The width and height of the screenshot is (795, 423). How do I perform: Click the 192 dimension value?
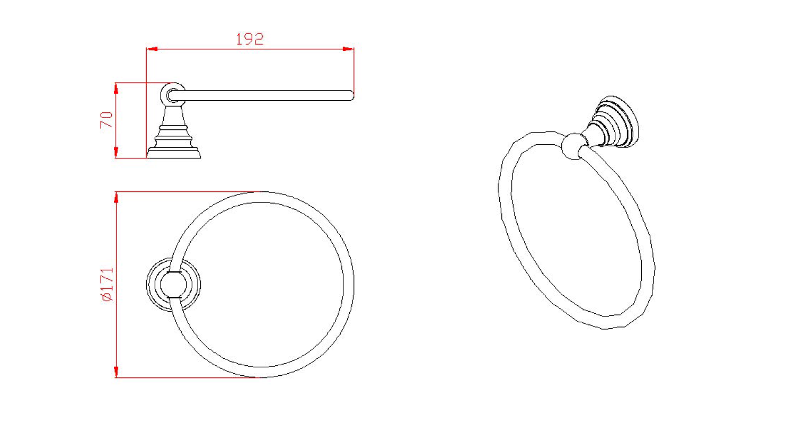[250, 39]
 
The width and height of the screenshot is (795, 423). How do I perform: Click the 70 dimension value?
[107, 120]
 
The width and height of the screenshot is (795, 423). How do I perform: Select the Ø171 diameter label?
[108, 285]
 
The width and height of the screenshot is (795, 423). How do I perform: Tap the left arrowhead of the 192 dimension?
[152, 49]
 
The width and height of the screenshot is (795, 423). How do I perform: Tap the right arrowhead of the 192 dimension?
[348, 49]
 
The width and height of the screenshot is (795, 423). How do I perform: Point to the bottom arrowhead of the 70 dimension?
[116, 152]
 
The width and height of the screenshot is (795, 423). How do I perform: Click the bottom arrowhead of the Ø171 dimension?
[116, 372]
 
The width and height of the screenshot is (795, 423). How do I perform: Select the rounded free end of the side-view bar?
[351, 95]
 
